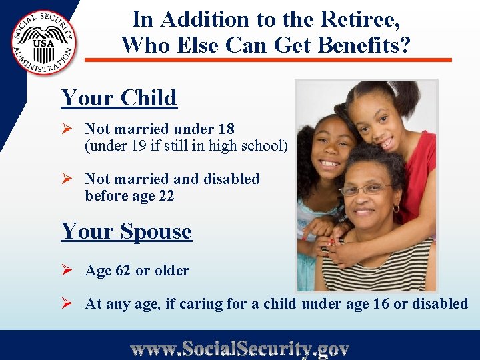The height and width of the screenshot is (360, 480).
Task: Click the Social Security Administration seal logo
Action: pyautogui.click(x=44, y=43)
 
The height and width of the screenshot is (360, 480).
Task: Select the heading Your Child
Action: pyautogui.click(x=119, y=98)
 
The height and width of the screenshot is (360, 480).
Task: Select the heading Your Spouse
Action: pyautogui.click(x=127, y=231)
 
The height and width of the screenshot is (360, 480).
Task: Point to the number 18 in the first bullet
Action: pyautogui.click(x=227, y=129)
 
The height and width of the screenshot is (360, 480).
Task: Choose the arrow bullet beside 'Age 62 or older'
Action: pyautogui.click(x=67, y=270)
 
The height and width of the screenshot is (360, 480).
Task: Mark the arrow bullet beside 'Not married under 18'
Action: pyautogui.click(x=67, y=129)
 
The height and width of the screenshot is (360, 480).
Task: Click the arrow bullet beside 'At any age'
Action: pyautogui.click(x=67, y=303)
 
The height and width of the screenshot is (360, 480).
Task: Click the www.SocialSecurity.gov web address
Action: pyautogui.click(x=239, y=349)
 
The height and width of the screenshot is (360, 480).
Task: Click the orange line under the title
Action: pyautogui.click(x=267, y=60)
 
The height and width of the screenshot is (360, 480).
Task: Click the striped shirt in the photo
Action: pyautogui.click(x=373, y=267)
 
